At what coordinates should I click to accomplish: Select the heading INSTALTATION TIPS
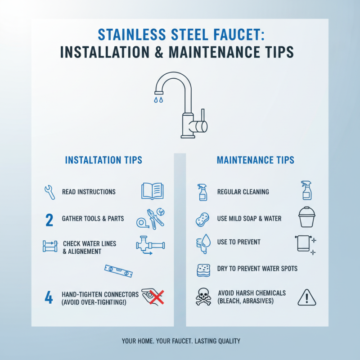103,160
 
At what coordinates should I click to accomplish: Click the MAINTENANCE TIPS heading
256,160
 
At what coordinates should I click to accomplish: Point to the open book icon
152,191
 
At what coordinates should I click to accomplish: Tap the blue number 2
49,220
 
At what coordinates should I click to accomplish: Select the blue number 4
49,298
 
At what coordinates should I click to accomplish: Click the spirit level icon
119,270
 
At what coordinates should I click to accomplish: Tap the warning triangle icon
307,297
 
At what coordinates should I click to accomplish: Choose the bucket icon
307,218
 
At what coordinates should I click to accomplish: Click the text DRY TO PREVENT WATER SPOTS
257,269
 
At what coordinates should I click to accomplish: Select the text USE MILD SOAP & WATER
249,219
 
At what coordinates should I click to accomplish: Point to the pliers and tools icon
150,219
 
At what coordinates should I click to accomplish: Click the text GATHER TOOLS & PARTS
93,219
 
